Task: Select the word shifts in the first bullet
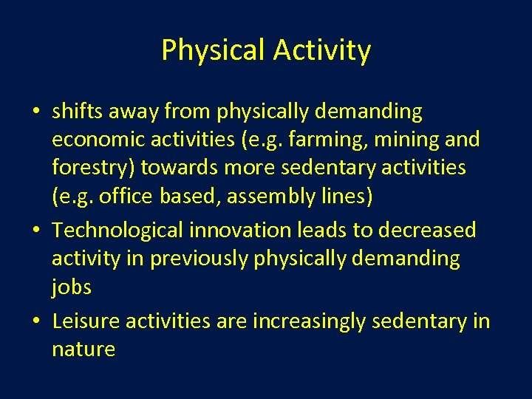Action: click(79, 112)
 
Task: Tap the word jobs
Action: click(72, 287)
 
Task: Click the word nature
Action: click(83, 349)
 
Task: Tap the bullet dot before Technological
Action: click(36, 231)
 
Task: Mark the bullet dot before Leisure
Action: click(36, 322)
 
